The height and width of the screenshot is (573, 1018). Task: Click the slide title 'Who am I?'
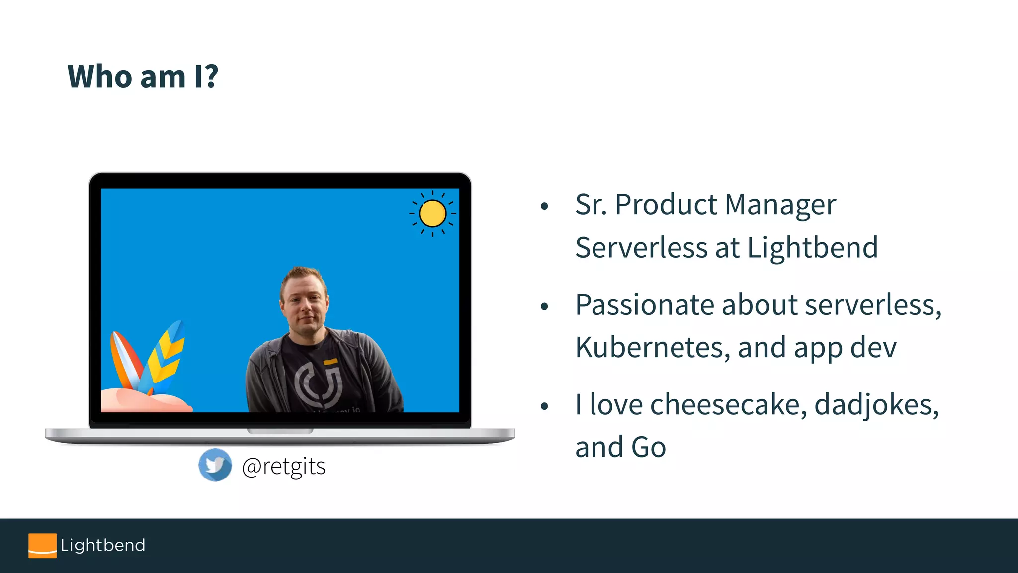click(143, 77)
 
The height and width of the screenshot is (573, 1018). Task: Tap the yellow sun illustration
click(432, 214)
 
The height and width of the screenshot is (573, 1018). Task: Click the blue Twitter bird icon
click(215, 465)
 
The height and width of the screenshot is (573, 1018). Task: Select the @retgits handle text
click(283, 467)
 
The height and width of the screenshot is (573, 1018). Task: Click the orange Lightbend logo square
click(42, 546)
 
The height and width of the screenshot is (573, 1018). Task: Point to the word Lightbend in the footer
click(103, 545)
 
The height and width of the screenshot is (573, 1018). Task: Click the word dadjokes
click(876, 404)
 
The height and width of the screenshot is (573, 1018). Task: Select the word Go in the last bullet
click(648, 447)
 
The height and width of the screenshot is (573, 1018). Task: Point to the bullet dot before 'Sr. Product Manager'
click(544, 206)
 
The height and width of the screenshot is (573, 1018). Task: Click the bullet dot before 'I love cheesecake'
click(544, 406)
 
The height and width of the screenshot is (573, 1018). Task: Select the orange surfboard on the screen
click(124, 361)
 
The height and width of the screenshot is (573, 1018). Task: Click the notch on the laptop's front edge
click(280, 431)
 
